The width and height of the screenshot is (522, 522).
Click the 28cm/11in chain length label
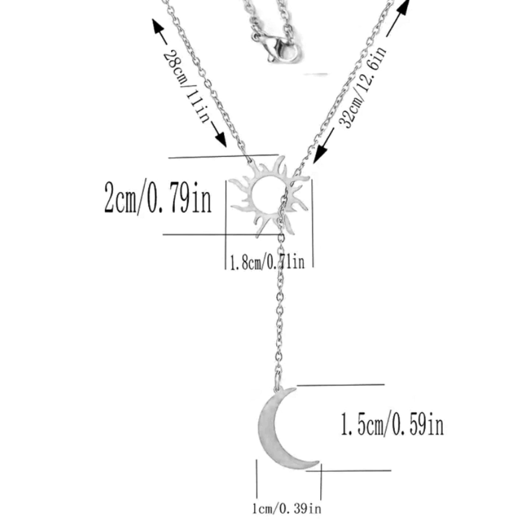(x=186, y=86)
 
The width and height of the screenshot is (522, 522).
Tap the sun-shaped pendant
(x=269, y=197)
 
